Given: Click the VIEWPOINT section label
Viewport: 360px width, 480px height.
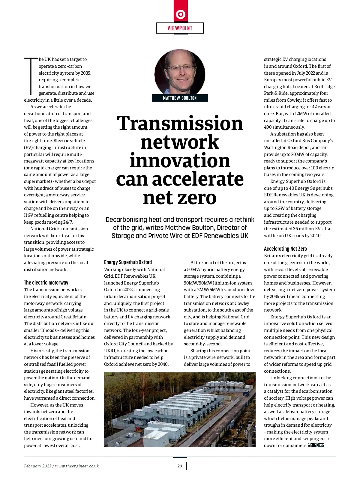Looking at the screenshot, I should point(180,28).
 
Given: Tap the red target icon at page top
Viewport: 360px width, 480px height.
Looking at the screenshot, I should point(181,14).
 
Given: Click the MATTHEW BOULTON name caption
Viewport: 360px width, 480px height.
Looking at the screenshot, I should point(180,98).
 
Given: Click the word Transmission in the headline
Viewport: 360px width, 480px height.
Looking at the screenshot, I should point(180,123).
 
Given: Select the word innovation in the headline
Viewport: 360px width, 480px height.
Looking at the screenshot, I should point(180,160).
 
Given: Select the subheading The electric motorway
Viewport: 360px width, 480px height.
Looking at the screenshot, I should point(46,282).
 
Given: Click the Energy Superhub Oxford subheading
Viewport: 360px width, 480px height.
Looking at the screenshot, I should point(128,262).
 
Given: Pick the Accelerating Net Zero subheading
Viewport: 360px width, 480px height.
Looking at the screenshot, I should point(285,249).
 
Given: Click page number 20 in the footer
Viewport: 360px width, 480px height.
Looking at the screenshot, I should point(180,466).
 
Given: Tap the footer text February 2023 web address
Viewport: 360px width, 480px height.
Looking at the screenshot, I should point(61,466).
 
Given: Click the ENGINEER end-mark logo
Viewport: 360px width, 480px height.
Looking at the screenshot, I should point(316,445).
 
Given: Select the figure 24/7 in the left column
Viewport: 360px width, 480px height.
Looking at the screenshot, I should point(67,222).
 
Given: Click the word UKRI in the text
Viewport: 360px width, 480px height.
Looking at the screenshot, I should point(110,351).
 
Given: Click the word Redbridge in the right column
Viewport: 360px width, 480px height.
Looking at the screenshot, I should point(324,87).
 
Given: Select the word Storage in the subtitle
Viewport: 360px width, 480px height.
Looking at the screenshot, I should point(123,236).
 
